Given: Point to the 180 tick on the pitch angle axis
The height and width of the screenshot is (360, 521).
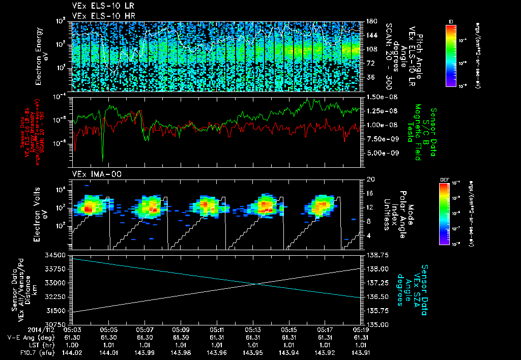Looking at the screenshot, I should (371, 21).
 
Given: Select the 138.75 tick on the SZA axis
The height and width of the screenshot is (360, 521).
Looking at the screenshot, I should (378, 254).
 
